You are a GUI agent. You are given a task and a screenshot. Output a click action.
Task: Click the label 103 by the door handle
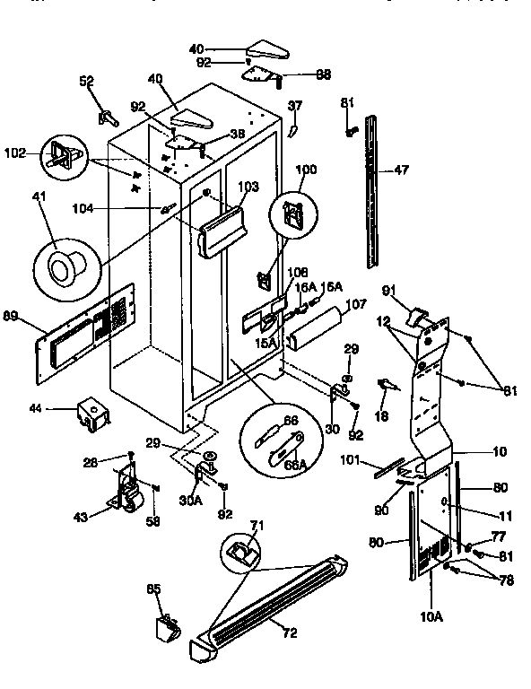tap(248, 187)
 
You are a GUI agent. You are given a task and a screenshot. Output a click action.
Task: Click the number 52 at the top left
tap(86, 81)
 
